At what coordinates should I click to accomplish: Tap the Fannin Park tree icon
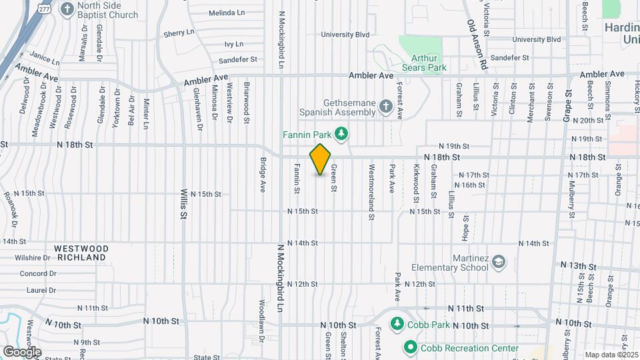[341, 134]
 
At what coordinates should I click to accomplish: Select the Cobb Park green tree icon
[397, 323]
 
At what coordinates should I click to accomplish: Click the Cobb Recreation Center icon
[410, 347]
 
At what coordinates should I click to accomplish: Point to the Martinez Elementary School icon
[497, 263]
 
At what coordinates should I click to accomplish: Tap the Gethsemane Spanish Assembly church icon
[385, 107]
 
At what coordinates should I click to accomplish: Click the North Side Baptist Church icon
[67, 9]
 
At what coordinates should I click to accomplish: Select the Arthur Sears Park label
[424, 62]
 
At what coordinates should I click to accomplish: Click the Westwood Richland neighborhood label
[82, 252]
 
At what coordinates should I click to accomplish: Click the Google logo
[21, 351]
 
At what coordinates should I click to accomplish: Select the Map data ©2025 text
[611, 355]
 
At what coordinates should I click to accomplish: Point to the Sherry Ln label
[179, 32]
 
